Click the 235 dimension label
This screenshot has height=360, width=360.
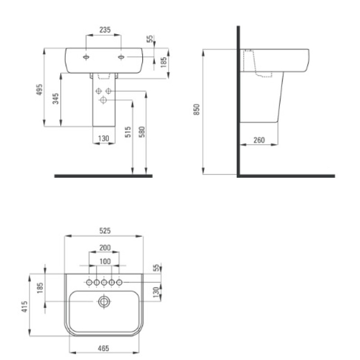[105, 30]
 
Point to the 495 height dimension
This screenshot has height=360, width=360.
[40, 90]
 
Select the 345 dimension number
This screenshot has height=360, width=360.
[55, 99]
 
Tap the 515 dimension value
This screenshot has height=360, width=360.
[128, 132]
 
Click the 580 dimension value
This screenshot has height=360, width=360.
[142, 132]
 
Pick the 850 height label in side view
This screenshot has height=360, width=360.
[197, 109]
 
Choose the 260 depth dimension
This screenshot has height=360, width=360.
[259, 140]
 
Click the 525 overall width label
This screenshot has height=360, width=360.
[105, 230]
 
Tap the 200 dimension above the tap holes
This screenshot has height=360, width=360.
[105, 248]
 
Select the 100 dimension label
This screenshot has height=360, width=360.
[105, 261]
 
